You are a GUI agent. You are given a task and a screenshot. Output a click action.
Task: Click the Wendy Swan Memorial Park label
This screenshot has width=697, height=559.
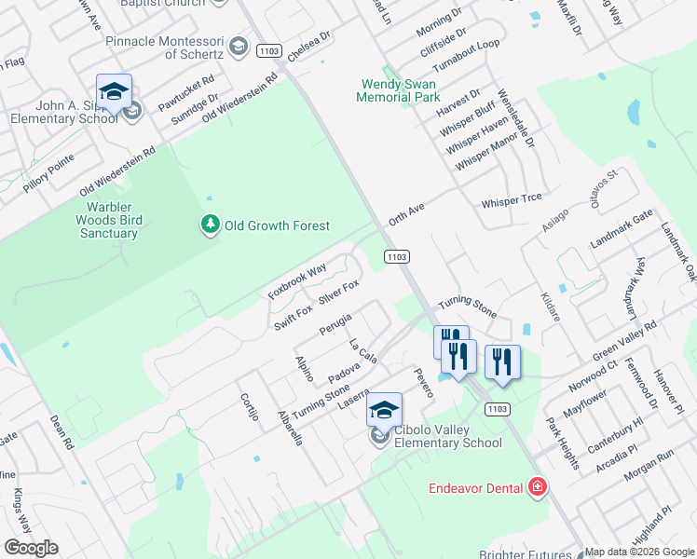[x=400, y=90]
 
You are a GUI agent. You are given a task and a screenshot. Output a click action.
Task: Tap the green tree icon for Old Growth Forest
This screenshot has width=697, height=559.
[x=211, y=225]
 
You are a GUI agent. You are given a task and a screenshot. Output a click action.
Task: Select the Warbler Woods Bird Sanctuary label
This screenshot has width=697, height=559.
[x=108, y=220]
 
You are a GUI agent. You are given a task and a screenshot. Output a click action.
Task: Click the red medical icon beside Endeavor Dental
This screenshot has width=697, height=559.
[x=537, y=486]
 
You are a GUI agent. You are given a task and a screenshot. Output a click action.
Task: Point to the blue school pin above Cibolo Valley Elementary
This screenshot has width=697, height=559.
[x=384, y=410]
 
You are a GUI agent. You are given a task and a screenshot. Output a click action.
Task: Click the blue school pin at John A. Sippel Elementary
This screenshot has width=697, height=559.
[x=114, y=91]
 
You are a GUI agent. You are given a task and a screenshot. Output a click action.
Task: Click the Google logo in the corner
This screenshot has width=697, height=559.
[x=31, y=548]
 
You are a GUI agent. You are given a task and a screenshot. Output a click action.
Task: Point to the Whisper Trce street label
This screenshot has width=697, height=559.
[x=512, y=202]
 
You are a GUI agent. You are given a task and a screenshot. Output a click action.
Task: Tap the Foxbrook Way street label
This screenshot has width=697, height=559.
[x=296, y=280]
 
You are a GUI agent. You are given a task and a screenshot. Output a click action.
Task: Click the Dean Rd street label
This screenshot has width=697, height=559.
[x=61, y=433]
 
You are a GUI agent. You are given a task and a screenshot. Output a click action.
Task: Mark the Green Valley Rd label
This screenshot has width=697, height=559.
[x=624, y=341]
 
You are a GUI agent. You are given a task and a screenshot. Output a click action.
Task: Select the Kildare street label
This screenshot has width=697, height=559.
[x=549, y=305]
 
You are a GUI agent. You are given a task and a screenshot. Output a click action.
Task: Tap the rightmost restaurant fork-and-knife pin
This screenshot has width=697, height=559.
[x=502, y=361]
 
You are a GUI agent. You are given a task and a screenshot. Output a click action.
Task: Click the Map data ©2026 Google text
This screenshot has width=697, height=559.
[x=639, y=552]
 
